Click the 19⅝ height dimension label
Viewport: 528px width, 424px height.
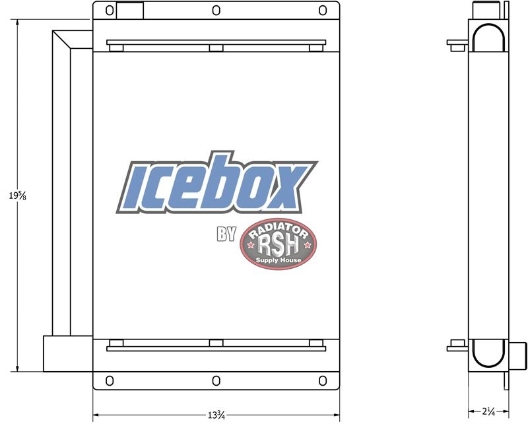[x=18, y=195]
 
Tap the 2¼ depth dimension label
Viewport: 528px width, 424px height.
[x=488, y=411]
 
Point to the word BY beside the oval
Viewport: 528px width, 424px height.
[x=226, y=234]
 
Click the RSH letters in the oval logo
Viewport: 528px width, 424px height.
[x=278, y=245]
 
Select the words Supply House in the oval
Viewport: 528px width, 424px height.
[x=278, y=260]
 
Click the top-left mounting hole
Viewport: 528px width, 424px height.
[x=110, y=11]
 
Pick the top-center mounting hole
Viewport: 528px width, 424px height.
[x=216, y=11]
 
